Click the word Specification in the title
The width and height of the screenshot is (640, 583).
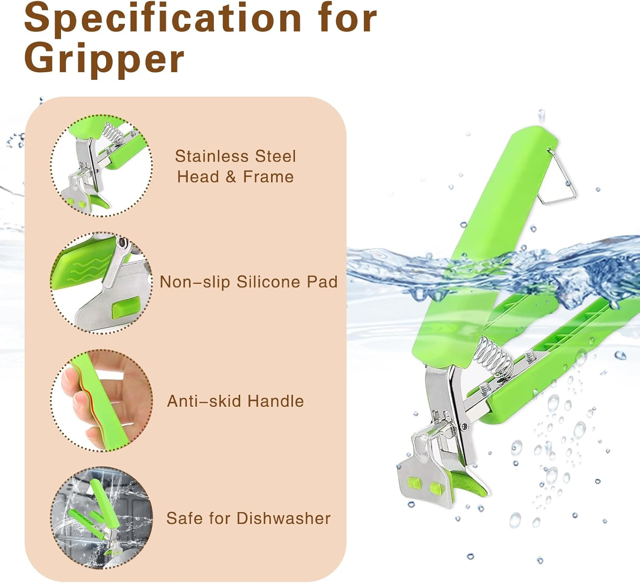[163, 18]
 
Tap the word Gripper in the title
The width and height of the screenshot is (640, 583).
[105, 60]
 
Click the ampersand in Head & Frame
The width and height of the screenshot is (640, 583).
[231, 177]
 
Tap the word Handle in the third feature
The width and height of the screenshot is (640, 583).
[276, 401]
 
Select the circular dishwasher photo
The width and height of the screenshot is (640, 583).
[102, 518]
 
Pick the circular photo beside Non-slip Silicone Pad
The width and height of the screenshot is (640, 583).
[102, 283]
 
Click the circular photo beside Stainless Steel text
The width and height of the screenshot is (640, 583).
[102, 166]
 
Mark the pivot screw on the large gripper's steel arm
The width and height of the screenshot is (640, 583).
[465, 426]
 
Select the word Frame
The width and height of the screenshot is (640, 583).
[268, 177]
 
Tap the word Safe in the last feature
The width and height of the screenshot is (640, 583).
[184, 518]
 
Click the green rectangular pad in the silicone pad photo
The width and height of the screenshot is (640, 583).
[126, 307]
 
